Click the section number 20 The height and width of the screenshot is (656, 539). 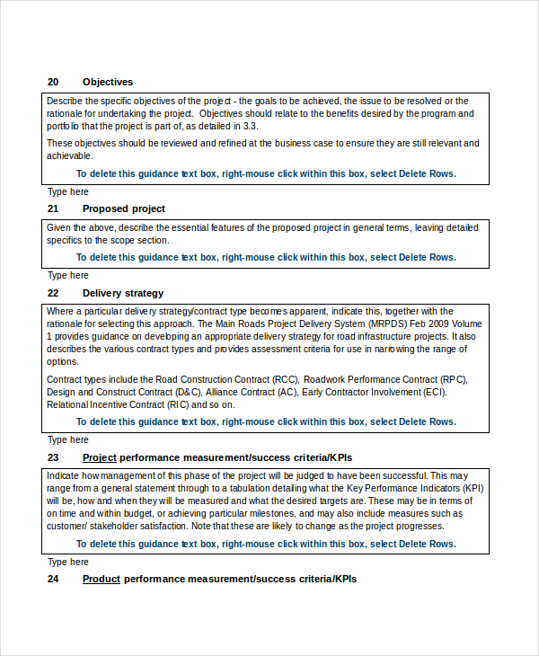pos(53,82)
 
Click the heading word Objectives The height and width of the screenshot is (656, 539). pos(108,82)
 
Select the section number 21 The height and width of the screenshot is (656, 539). pos(53,208)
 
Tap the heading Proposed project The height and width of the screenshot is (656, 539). pos(124,208)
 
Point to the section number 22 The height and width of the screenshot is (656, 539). pos(53,293)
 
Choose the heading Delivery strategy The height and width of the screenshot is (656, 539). pos(123,293)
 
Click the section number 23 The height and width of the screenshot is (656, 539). pos(53,457)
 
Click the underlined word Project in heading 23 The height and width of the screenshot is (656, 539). pos(100,457)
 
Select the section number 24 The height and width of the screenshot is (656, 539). pos(53,579)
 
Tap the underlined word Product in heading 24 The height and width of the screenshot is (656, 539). pos(102,579)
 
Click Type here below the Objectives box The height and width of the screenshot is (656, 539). pos(68,191)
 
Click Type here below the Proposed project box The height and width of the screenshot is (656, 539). pos(68,276)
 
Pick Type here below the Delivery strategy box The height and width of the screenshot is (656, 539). pos(68,440)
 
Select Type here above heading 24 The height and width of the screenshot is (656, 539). pos(68,562)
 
